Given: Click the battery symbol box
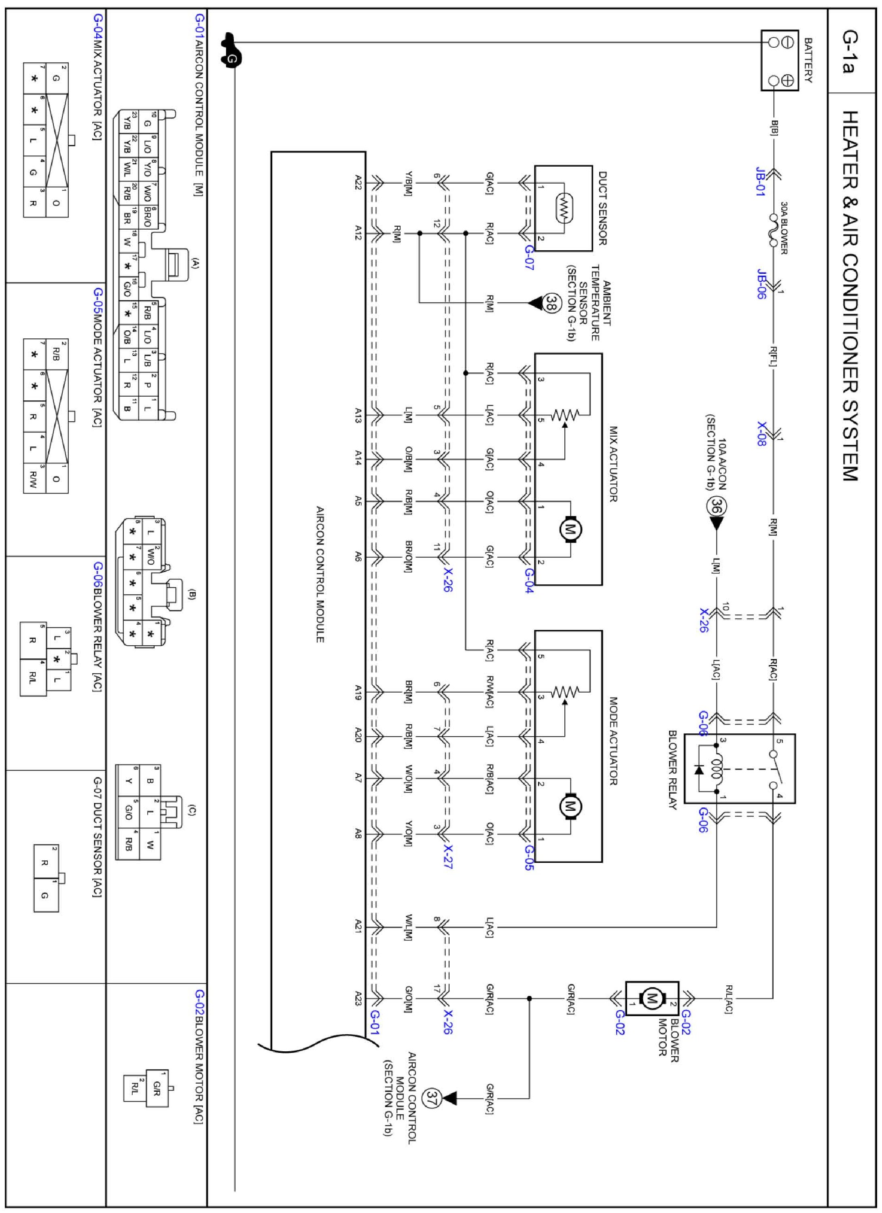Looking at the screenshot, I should coord(779,60).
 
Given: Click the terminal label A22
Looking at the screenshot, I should coord(358,184).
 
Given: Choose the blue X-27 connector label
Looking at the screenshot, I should coord(448,857).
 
